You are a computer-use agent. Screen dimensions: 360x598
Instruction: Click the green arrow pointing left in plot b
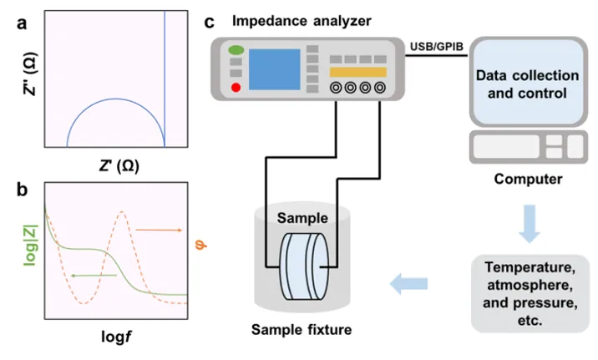[89, 274]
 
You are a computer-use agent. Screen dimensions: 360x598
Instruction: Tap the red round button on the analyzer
[236, 87]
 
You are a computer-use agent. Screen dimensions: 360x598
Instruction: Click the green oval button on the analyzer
[235, 52]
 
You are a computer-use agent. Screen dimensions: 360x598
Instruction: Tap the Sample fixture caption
[302, 329]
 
